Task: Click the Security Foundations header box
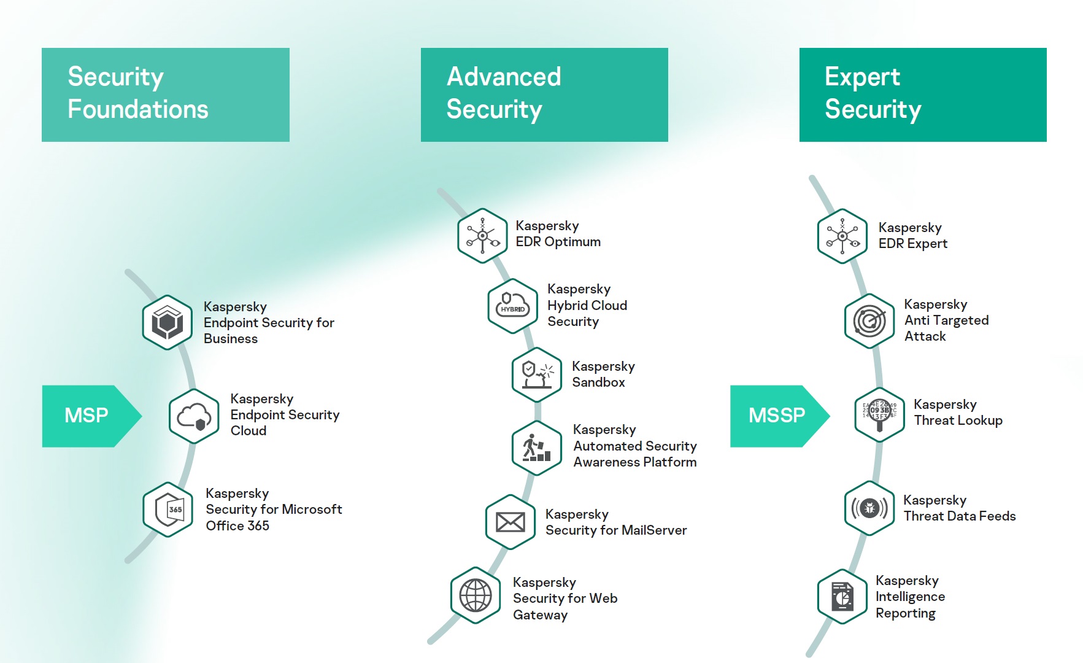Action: click(x=166, y=95)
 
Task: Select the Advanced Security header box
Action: click(x=544, y=95)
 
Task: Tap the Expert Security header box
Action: click(x=923, y=95)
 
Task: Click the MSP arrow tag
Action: click(x=89, y=416)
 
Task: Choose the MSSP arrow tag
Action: click(x=777, y=416)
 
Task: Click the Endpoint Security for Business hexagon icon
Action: click(x=168, y=322)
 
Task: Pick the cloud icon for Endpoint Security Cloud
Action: click(x=194, y=416)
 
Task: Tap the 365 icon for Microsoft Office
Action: click(x=168, y=510)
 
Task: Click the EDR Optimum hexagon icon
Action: click(x=483, y=236)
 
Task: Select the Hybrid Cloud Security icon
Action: click(x=513, y=306)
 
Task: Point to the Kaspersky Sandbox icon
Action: click(x=537, y=374)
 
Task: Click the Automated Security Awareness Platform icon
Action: click(x=537, y=448)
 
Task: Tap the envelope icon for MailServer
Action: click(x=511, y=522)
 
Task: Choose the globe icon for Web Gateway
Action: click(x=476, y=595)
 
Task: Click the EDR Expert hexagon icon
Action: click(x=842, y=236)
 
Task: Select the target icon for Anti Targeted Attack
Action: click(x=869, y=321)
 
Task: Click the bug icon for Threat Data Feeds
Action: click(x=869, y=508)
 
